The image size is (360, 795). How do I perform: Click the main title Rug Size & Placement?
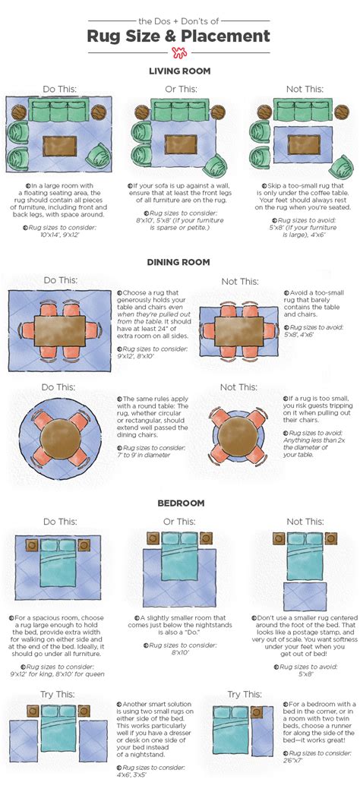pyautogui.click(x=179, y=36)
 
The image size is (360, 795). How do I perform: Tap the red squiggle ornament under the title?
pyautogui.click(x=179, y=53)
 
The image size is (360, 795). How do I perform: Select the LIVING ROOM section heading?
pyautogui.click(x=179, y=71)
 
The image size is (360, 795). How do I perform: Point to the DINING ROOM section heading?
pyautogui.click(x=179, y=263)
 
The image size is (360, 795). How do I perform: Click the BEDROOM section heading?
pyautogui.click(x=179, y=503)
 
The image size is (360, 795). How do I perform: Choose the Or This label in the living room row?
pyautogui.click(x=181, y=89)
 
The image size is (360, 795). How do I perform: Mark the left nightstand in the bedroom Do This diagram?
pyautogui.click(x=32, y=544)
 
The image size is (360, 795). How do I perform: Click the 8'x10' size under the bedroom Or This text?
pyautogui.click(x=180, y=631)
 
